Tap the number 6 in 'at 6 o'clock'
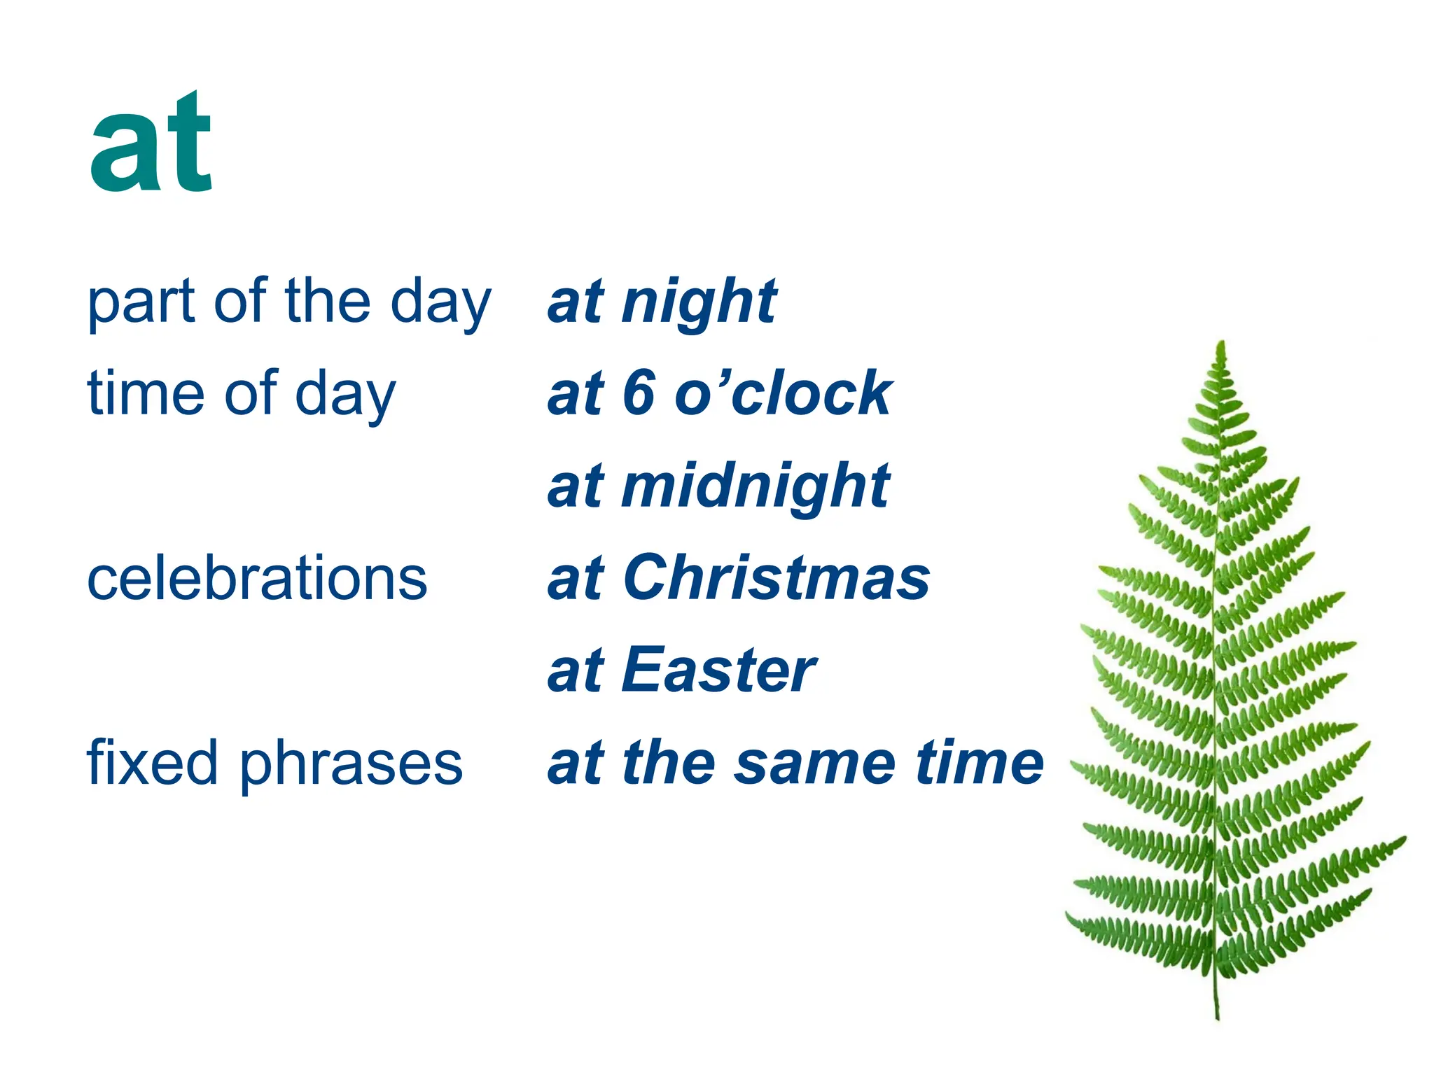tap(639, 393)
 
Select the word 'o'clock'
tap(783, 393)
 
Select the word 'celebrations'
tap(257, 578)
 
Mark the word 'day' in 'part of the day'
tap(440, 305)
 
